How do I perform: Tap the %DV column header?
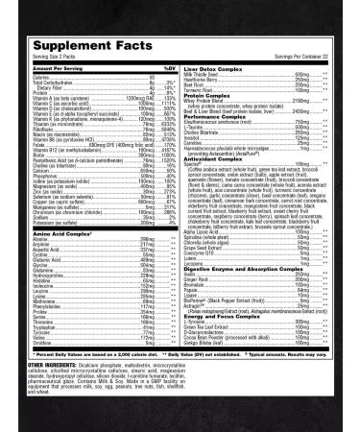tap(170, 68)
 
